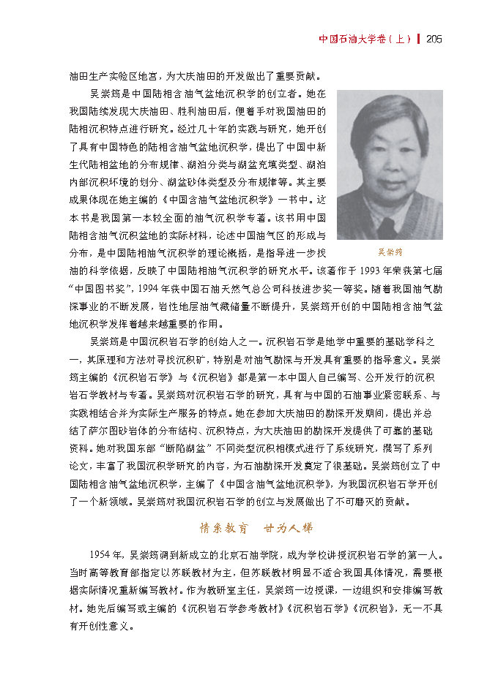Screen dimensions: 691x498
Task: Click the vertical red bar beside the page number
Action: point(418,39)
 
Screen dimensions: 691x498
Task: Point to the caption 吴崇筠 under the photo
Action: point(390,252)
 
